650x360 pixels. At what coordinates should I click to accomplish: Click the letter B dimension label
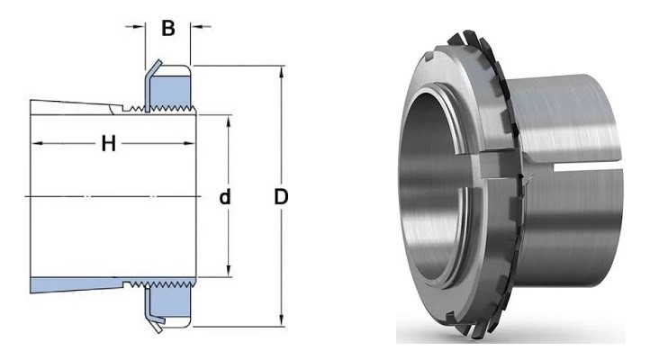[167, 28]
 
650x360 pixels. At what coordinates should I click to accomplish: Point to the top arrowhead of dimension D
[281, 71]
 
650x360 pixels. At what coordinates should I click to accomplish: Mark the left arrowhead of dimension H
[36, 143]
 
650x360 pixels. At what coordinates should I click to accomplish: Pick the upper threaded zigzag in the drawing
[162, 112]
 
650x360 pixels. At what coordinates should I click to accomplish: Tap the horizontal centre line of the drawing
[117, 196]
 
